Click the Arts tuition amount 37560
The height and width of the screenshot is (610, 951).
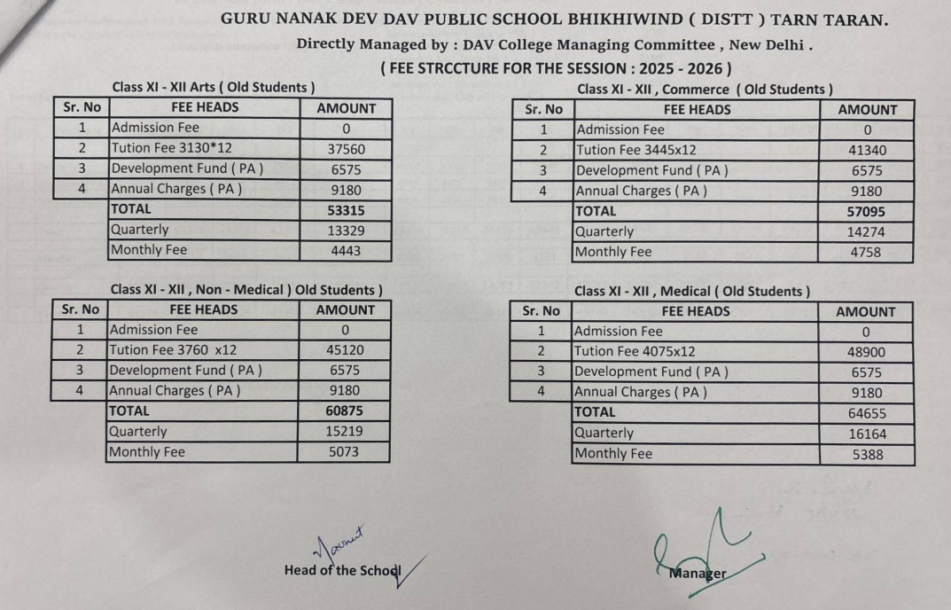[x=346, y=149]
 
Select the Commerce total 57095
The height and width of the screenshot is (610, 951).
[x=867, y=212]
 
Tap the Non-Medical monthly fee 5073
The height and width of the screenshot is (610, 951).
[x=345, y=452]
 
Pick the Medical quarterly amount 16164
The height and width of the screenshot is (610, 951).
[x=865, y=434]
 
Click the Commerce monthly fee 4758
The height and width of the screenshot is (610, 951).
[x=867, y=252]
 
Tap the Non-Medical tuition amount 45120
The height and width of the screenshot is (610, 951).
[x=345, y=349]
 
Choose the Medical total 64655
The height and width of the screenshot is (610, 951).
[x=865, y=413]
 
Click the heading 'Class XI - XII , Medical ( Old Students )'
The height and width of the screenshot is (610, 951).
[x=691, y=291]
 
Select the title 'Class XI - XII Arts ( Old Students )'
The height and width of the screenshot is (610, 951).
[x=214, y=88]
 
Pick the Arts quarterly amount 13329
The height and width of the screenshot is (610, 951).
[x=346, y=231]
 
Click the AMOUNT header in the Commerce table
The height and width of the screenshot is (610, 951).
[x=867, y=109]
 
